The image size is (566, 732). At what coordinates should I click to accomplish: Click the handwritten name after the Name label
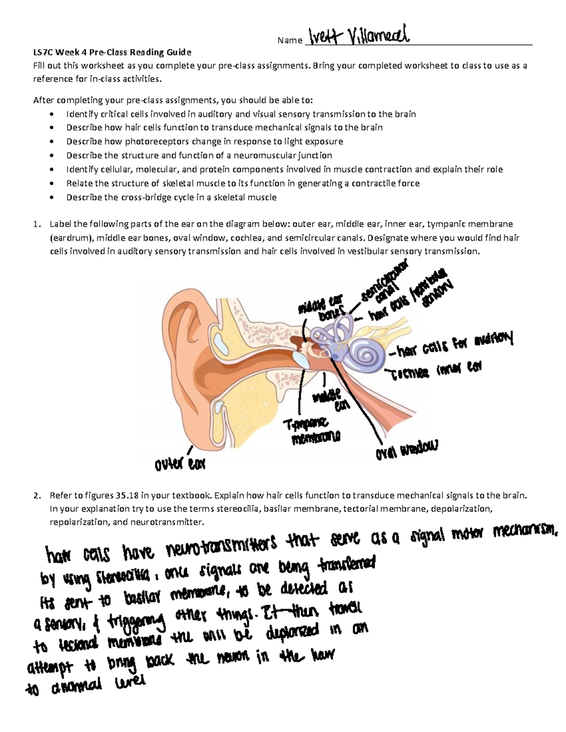tap(358, 35)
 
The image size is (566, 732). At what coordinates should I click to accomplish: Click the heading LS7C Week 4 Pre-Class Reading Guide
tap(112, 52)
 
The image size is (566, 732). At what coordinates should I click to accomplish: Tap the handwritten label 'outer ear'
tap(180, 464)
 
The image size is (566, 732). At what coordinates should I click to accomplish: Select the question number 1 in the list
tap(36, 224)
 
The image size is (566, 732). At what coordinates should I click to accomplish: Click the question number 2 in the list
tap(36, 495)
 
